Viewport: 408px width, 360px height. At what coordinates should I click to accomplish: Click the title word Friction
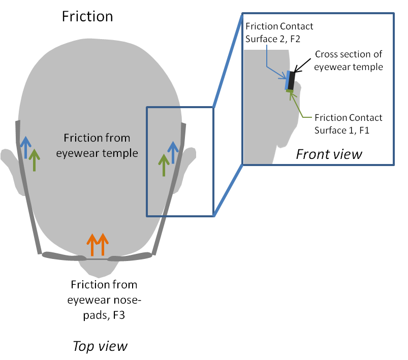coord(87,16)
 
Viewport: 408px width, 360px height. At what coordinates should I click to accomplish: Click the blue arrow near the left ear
coord(25,148)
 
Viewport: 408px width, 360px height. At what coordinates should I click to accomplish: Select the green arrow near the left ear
coord(34,159)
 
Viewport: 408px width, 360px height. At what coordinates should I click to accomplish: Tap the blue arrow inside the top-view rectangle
coord(173,153)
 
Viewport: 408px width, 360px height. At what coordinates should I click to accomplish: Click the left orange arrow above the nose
coord(92,245)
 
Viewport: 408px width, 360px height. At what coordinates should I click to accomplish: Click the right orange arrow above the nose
coord(102,245)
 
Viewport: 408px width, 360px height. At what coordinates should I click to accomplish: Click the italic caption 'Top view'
coord(100,346)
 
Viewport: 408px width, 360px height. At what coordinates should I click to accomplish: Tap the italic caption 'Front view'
coord(329,153)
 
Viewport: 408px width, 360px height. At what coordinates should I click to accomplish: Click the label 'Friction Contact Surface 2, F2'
coord(279,31)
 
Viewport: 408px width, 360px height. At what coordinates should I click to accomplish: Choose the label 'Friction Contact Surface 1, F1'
coord(348,123)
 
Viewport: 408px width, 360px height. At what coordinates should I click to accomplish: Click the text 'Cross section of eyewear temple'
coord(349,60)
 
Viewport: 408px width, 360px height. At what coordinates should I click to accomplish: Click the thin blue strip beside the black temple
coord(288,80)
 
